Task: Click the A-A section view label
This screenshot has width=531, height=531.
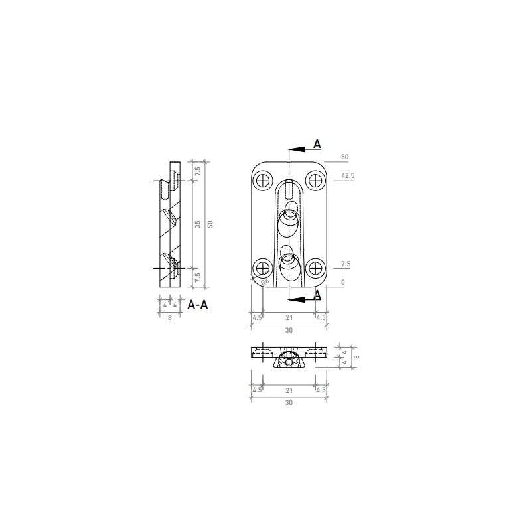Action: click(198, 305)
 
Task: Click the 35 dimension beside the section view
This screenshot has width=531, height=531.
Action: click(197, 224)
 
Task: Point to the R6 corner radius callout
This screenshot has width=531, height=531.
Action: click(265, 282)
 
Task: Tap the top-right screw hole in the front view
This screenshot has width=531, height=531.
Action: click(315, 179)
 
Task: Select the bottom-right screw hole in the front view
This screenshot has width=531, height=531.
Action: click(315, 268)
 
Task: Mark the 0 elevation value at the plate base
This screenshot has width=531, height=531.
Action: click(343, 283)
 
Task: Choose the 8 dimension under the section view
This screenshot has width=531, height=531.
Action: click(170, 318)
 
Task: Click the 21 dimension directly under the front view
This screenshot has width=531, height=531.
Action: click(289, 318)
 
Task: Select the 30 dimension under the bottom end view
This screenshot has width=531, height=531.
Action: click(289, 402)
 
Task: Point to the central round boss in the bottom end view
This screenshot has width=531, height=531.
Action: click(288, 358)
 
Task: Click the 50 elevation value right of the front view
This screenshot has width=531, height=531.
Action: click(344, 157)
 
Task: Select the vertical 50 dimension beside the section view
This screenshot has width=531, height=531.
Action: click(210, 224)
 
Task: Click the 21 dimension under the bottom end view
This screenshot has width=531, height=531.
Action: click(289, 390)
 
